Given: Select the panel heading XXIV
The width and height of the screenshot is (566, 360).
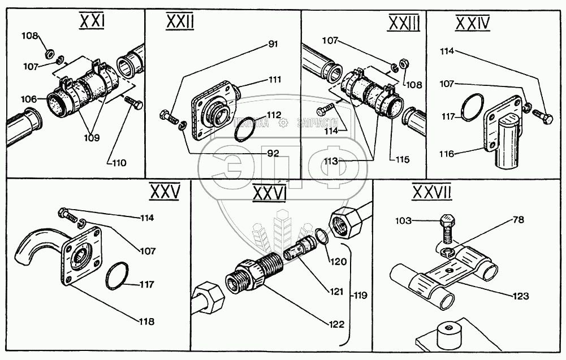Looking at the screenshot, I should [x=472, y=23].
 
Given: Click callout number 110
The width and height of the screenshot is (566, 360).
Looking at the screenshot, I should [x=119, y=163].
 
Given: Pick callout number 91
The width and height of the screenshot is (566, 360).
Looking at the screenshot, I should [x=273, y=44].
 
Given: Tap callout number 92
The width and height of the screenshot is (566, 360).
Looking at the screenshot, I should [x=273, y=152].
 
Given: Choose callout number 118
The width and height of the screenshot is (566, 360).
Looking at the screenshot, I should [x=146, y=322].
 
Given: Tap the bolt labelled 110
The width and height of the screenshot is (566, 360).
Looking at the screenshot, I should [x=134, y=103].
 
